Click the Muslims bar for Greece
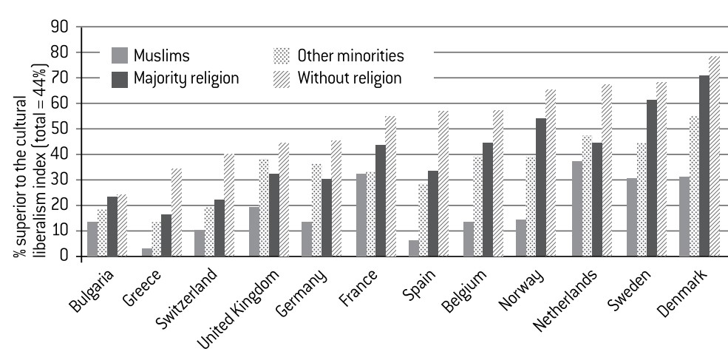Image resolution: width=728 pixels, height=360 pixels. point(146,252)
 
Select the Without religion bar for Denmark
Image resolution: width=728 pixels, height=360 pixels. point(715,157)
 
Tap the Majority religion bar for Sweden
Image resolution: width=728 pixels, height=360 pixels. point(650,178)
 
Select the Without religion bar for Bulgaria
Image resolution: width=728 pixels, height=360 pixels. point(123,225)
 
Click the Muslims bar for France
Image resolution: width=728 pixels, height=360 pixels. point(361,215)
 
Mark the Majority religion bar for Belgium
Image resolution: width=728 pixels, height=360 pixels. point(488,200)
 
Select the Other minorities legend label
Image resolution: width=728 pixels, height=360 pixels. point(350,55)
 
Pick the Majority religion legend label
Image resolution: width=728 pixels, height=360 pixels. point(186,77)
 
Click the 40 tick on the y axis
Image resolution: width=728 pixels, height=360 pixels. point(60,154)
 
